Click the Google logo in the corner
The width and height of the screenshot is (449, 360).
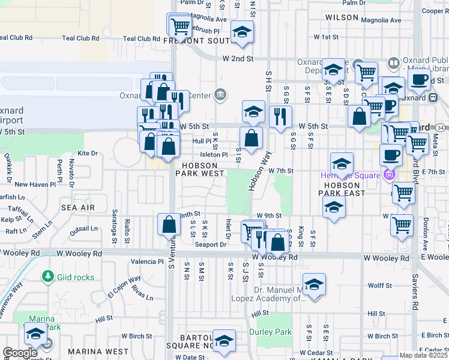click(20, 353)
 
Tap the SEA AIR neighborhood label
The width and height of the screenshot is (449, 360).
click(77, 206)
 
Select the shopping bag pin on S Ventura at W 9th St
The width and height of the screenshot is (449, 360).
click(169, 224)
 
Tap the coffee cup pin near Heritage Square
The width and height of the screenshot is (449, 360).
click(391, 155)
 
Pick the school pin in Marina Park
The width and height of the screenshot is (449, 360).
click(35, 334)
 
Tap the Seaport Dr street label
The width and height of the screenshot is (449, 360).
click(210, 244)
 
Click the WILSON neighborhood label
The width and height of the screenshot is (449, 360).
click(342, 18)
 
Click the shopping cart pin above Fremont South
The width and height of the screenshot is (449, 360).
click(179, 26)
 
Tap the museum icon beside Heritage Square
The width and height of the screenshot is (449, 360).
click(389, 175)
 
